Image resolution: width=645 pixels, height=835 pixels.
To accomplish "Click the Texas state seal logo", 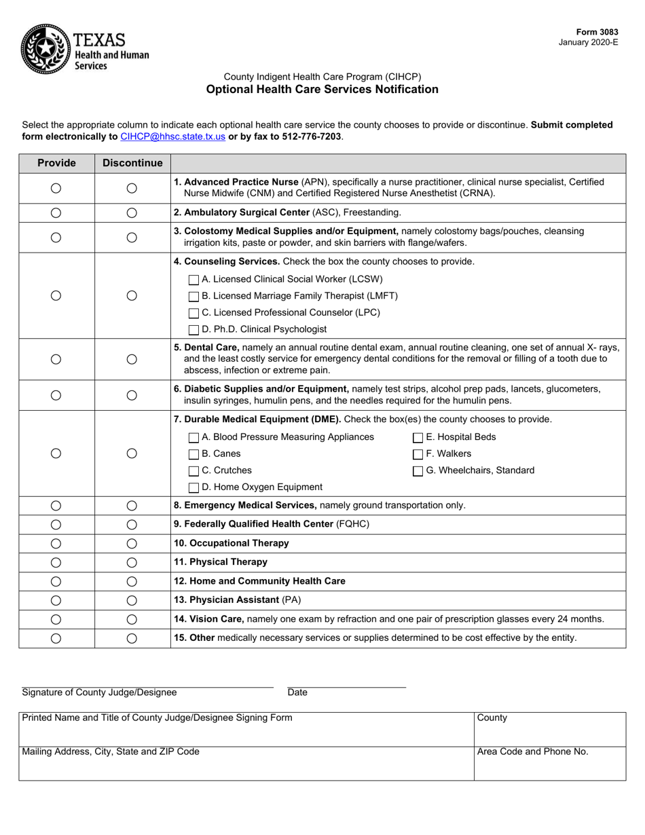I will click(x=45, y=48).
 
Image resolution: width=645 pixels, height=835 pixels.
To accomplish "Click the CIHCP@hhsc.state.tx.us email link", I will click(x=172, y=136).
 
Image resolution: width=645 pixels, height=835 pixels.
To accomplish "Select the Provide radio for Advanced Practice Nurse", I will click(x=56, y=188).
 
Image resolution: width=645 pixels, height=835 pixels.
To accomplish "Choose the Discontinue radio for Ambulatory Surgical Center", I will click(x=132, y=213).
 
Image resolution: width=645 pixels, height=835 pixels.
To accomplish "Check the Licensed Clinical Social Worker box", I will click(x=193, y=279).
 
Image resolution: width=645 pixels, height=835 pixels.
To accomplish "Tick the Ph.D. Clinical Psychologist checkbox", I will click(x=193, y=329).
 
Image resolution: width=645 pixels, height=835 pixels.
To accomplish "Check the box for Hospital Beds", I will click(x=418, y=437).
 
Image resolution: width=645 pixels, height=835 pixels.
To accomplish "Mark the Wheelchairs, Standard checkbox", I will click(x=418, y=471).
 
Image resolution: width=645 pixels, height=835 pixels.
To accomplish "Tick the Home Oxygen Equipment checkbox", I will click(x=193, y=487).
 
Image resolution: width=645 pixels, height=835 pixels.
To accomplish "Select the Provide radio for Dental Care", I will click(x=56, y=359).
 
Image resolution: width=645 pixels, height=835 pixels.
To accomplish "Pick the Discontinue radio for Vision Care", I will click(x=132, y=619).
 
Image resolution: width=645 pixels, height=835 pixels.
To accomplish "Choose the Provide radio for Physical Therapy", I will click(x=56, y=562).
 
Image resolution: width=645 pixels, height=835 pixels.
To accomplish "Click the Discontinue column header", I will click(x=132, y=163).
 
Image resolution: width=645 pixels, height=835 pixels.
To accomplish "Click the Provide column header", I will click(x=56, y=163).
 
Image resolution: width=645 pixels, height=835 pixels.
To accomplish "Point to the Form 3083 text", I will click(x=597, y=32).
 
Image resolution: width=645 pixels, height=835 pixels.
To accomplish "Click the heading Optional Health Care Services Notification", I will click(x=322, y=90).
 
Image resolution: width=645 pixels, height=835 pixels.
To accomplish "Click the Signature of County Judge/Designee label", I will click(x=99, y=692).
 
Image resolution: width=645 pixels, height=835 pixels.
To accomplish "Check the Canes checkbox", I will click(x=193, y=454).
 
